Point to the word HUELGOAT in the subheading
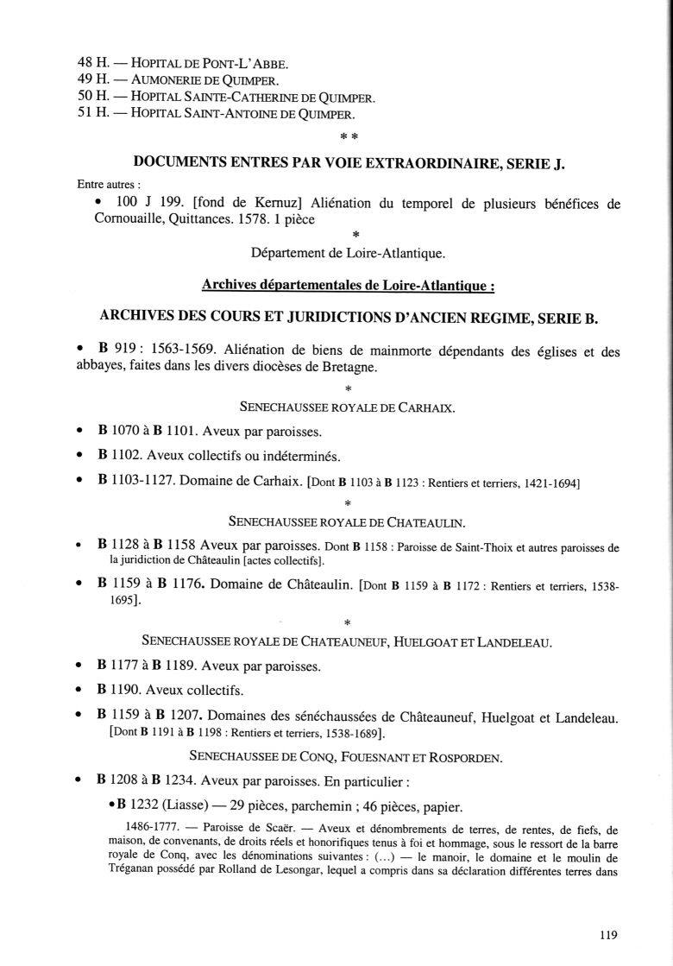(x=407, y=641)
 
